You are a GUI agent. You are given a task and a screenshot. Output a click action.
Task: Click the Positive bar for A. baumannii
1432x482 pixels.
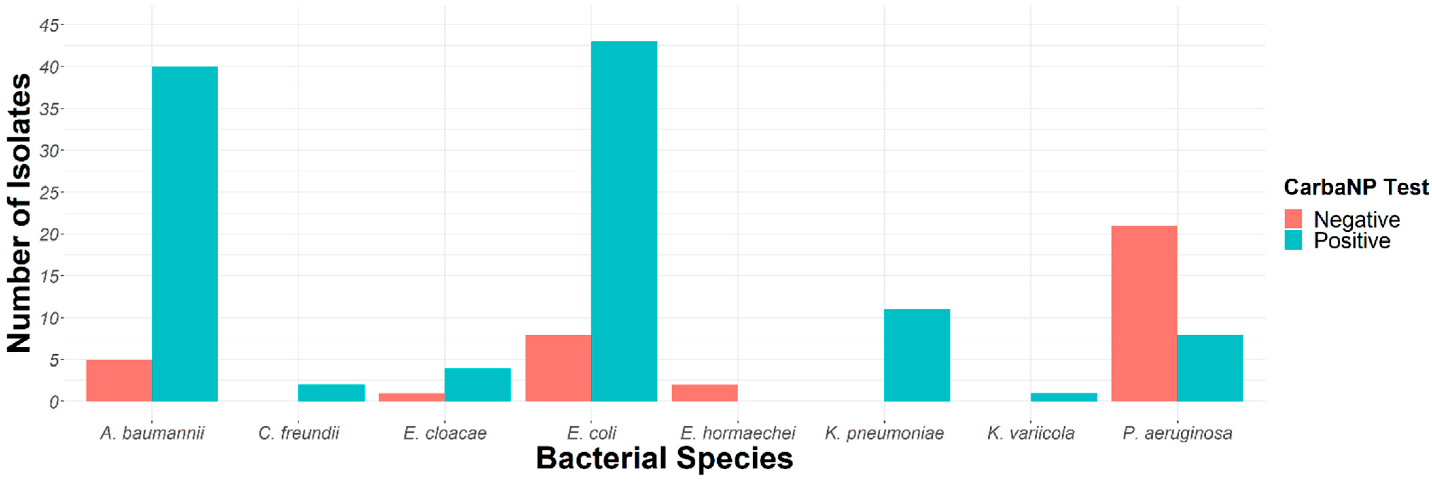coord(184,233)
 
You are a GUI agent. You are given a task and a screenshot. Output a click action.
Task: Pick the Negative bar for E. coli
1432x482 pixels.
coord(558,368)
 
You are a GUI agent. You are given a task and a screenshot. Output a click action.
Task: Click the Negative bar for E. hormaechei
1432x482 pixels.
coord(704,392)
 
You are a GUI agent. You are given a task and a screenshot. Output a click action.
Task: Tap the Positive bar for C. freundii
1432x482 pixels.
coord(331,392)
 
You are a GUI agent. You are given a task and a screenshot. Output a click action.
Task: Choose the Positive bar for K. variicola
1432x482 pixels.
coord(1063,397)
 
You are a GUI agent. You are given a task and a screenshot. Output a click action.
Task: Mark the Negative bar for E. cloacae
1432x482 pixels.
coord(412,397)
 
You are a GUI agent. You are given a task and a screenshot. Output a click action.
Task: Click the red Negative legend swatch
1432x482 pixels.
coord(1293,218)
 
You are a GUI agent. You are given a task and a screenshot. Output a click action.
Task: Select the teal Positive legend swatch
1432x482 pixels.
coord(1293,240)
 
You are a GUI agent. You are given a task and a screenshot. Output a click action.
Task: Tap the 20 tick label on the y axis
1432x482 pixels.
coord(49,234)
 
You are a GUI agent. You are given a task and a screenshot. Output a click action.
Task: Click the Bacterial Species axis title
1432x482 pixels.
coord(664,459)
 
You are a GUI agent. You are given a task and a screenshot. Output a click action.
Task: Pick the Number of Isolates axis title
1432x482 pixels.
coord(19,213)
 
